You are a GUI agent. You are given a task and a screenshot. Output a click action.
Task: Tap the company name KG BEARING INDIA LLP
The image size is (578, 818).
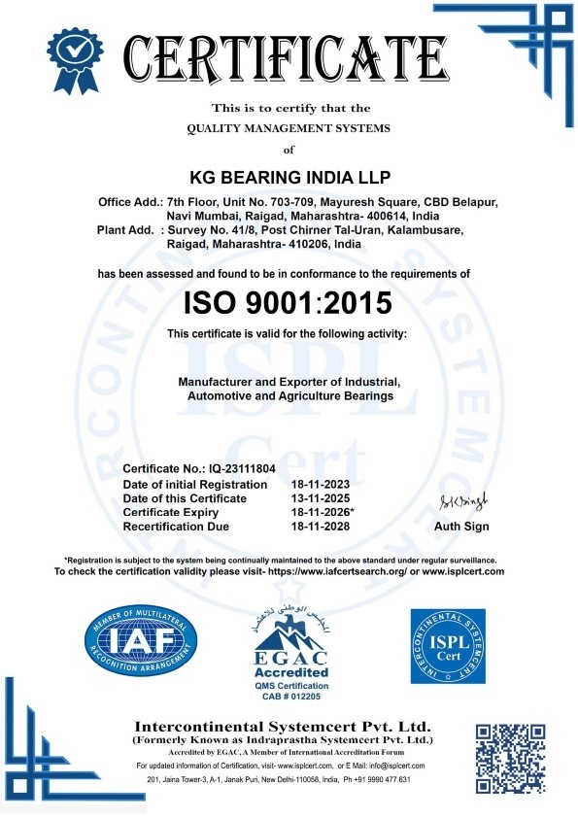tap(288, 180)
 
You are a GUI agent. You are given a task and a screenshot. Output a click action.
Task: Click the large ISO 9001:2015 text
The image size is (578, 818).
tap(288, 302)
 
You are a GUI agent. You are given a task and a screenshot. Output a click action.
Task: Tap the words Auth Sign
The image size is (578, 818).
tap(461, 527)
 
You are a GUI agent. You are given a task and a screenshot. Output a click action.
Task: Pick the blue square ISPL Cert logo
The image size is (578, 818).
tap(447, 647)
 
